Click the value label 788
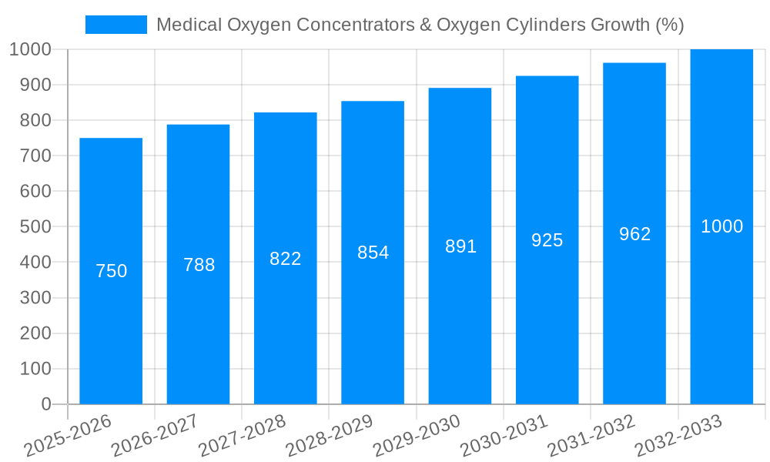(x=199, y=265)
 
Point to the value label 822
(x=286, y=259)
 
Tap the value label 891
(x=460, y=246)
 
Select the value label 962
(x=634, y=234)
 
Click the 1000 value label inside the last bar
(x=721, y=226)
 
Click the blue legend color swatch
(x=115, y=25)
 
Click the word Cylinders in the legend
(x=549, y=25)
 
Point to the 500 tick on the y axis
(x=30, y=227)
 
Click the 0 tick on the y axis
(x=45, y=404)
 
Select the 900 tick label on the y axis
(x=30, y=85)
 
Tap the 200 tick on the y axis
(x=30, y=333)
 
